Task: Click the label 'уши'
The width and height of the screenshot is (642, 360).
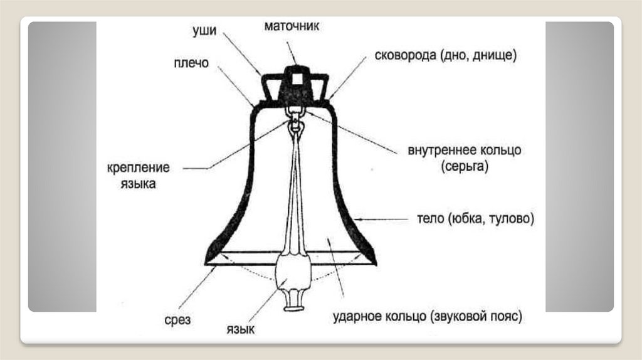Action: [206, 31]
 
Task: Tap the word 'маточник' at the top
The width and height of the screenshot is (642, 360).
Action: [292, 26]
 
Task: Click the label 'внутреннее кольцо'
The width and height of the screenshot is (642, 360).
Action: [465, 151]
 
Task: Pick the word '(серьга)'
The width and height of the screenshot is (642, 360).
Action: [464, 167]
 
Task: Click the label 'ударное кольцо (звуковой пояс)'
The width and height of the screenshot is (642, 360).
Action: [427, 315]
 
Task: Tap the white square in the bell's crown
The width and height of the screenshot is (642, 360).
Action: [294, 79]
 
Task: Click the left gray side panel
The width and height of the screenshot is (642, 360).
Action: [62, 166]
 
